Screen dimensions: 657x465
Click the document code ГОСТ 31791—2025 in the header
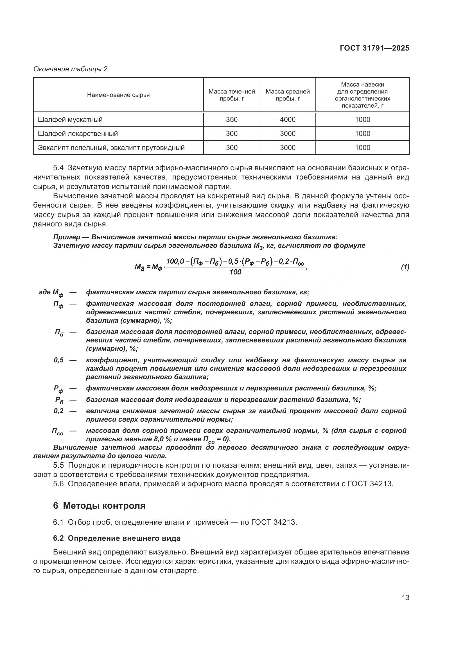374,48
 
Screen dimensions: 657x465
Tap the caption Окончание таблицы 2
71,69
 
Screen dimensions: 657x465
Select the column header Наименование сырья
118,95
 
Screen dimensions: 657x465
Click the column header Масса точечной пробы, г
231,95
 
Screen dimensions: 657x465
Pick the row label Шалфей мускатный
70,120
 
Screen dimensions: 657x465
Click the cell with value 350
231,120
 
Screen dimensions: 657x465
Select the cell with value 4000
288,120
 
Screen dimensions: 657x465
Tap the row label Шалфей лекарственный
78,134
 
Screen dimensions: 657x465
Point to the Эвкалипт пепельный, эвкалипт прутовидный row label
111,148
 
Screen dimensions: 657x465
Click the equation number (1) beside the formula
405,267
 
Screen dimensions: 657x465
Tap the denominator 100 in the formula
235,272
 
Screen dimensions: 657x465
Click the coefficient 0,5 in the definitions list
59,360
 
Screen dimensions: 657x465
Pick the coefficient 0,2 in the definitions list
59,411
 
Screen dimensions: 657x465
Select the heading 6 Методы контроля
99,506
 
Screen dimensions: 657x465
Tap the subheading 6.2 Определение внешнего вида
117,538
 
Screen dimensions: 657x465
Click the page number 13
405,598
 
